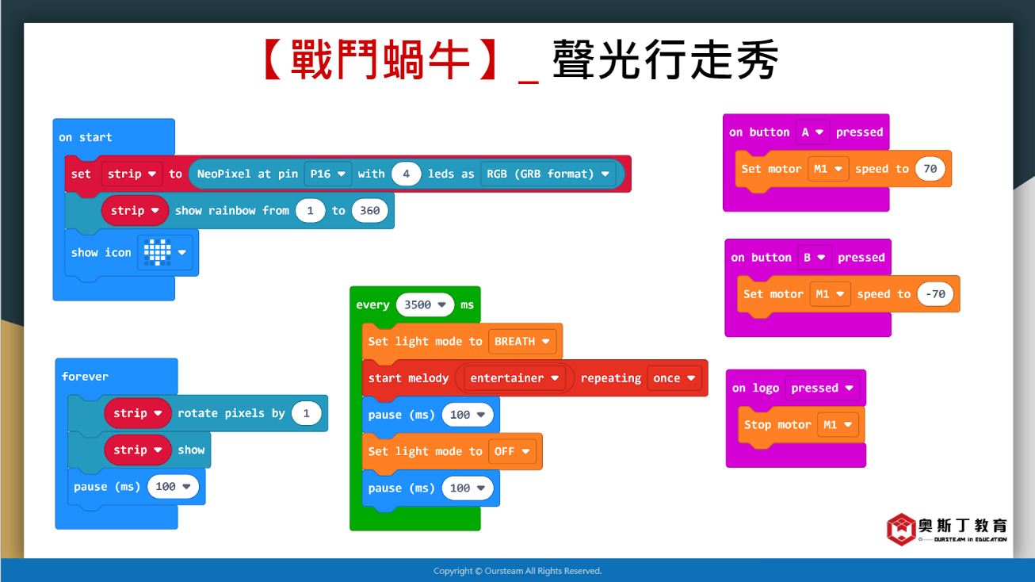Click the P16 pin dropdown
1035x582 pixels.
coord(328,174)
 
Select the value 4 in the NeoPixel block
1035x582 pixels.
coord(406,174)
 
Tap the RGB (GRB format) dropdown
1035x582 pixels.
coord(548,174)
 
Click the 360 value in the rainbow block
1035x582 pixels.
coord(369,211)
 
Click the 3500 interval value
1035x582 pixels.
coord(425,305)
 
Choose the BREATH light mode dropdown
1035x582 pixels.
coord(522,342)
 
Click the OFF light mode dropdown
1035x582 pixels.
coord(512,451)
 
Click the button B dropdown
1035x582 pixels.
coord(815,258)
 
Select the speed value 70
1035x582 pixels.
coord(930,169)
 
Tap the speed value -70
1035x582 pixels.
coord(935,294)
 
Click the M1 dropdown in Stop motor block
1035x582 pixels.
coord(838,425)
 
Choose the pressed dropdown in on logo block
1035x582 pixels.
coord(822,388)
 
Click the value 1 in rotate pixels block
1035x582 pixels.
coord(307,413)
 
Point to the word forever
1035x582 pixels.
coord(85,377)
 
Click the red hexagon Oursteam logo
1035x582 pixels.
coord(901,530)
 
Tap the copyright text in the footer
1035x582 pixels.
coord(517,571)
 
